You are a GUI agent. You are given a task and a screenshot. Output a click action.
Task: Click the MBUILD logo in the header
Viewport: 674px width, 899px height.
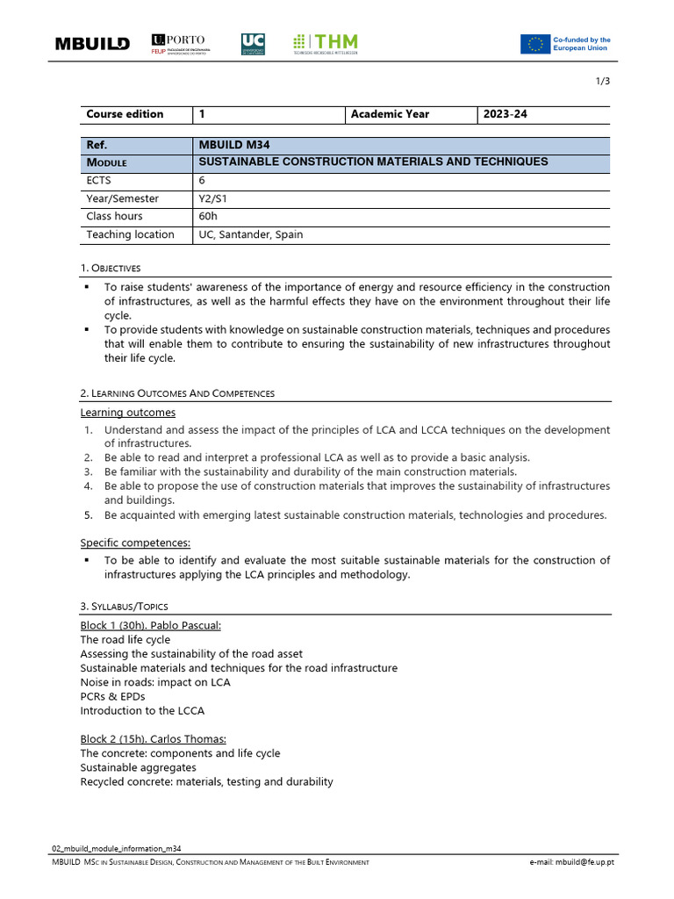point(92,44)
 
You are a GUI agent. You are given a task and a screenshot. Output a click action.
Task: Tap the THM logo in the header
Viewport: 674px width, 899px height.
point(325,44)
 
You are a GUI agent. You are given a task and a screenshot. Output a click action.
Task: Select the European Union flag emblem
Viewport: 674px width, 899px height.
point(534,44)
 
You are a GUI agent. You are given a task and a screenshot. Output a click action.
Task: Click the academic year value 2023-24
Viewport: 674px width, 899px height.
point(505,114)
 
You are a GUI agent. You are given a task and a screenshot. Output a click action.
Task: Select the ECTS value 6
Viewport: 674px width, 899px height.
point(203,180)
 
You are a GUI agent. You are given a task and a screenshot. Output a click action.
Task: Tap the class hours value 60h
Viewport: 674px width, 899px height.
point(208,216)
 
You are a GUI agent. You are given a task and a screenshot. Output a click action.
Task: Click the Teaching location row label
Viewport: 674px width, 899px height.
point(130,234)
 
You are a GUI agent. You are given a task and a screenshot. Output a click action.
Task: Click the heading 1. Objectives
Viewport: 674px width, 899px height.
point(111,268)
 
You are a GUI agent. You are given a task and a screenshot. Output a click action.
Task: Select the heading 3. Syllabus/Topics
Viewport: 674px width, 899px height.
point(124,607)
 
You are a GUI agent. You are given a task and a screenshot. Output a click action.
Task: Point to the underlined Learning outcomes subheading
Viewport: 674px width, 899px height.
point(128,413)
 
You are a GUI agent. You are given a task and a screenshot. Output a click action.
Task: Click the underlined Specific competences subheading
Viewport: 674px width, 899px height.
point(136,543)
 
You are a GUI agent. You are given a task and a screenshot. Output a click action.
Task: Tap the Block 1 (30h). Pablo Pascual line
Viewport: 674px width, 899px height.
point(151,625)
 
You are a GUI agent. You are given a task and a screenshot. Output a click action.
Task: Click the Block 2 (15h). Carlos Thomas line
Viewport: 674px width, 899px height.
point(153,739)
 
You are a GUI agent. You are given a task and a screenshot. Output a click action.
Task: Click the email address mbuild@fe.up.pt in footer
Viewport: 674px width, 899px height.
point(571,863)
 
